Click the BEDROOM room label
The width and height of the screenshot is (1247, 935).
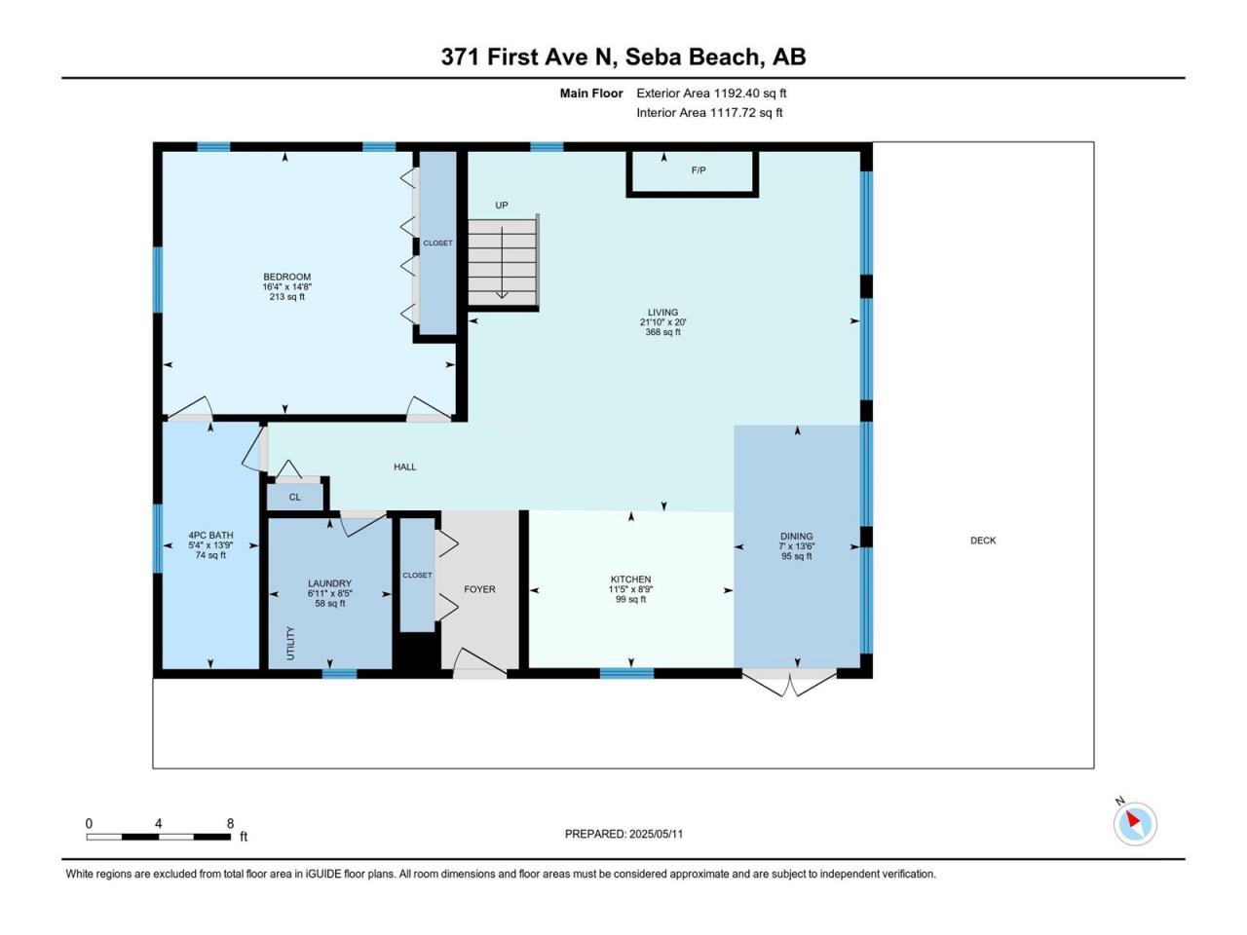click(x=286, y=277)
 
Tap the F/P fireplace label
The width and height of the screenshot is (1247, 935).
click(x=699, y=170)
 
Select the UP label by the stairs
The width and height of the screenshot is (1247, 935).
click(x=501, y=206)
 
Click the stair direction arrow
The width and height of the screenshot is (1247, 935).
click(x=502, y=263)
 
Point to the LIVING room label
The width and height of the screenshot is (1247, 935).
click(x=662, y=313)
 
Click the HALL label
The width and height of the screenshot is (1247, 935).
click(x=405, y=467)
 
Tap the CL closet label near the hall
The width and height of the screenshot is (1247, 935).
click(x=294, y=498)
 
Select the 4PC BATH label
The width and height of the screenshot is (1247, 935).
click(x=210, y=536)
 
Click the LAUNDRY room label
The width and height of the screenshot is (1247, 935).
click(x=329, y=583)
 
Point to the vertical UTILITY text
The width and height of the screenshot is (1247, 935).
click(x=290, y=643)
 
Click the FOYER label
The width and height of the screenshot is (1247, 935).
click(x=479, y=589)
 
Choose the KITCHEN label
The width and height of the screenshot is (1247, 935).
click(x=630, y=580)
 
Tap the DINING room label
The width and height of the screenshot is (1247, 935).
click(x=797, y=537)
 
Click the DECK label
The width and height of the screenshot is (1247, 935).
click(x=983, y=541)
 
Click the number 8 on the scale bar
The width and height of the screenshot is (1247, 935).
click(x=230, y=823)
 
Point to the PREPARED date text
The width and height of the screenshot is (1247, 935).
click(x=623, y=834)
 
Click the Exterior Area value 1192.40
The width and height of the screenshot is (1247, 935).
click(x=737, y=93)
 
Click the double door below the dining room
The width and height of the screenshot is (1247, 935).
click(x=789, y=684)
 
